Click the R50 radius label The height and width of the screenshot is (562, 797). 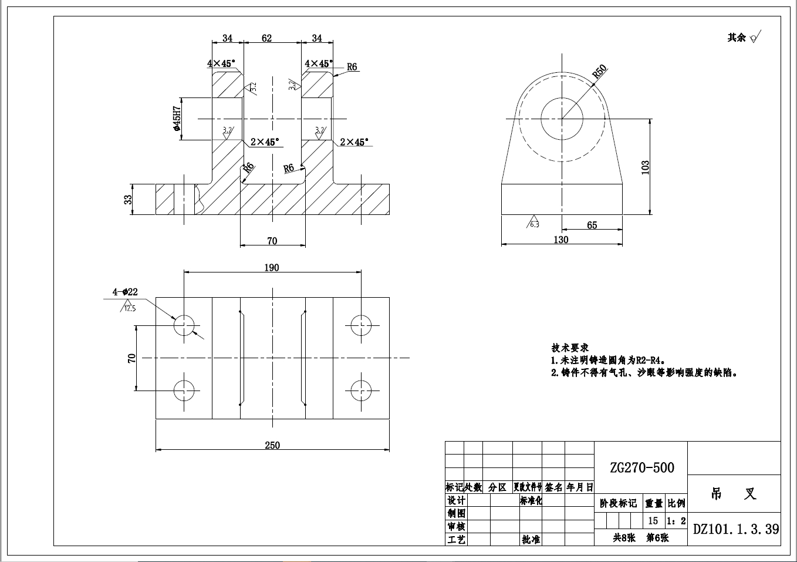coord(599,72)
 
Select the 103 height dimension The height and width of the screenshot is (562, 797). coord(645,167)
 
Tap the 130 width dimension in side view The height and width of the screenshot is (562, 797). coord(560,240)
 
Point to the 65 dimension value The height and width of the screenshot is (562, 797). coord(592,225)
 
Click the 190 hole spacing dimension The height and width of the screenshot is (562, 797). coord(271,267)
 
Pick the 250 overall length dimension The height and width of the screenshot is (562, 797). coord(272,445)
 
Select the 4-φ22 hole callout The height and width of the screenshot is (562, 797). coord(125,291)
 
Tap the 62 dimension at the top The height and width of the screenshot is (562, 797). coord(266,38)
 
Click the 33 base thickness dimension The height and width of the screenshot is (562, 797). coord(128,200)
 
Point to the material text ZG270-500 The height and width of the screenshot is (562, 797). coord(641,467)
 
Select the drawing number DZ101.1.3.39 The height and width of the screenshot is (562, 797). coord(736,529)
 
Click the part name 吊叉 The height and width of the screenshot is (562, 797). coord(733,494)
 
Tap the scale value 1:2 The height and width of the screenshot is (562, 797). coord(676,521)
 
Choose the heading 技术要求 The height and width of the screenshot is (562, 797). coord(569,348)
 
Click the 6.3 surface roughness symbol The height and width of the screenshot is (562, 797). coord(533,223)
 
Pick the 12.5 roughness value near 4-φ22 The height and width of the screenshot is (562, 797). coord(129,308)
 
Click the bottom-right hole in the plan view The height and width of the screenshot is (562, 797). coord(361,390)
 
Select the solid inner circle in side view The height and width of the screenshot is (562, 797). coord(562,119)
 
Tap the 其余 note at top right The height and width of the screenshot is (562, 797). coord(737,38)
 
